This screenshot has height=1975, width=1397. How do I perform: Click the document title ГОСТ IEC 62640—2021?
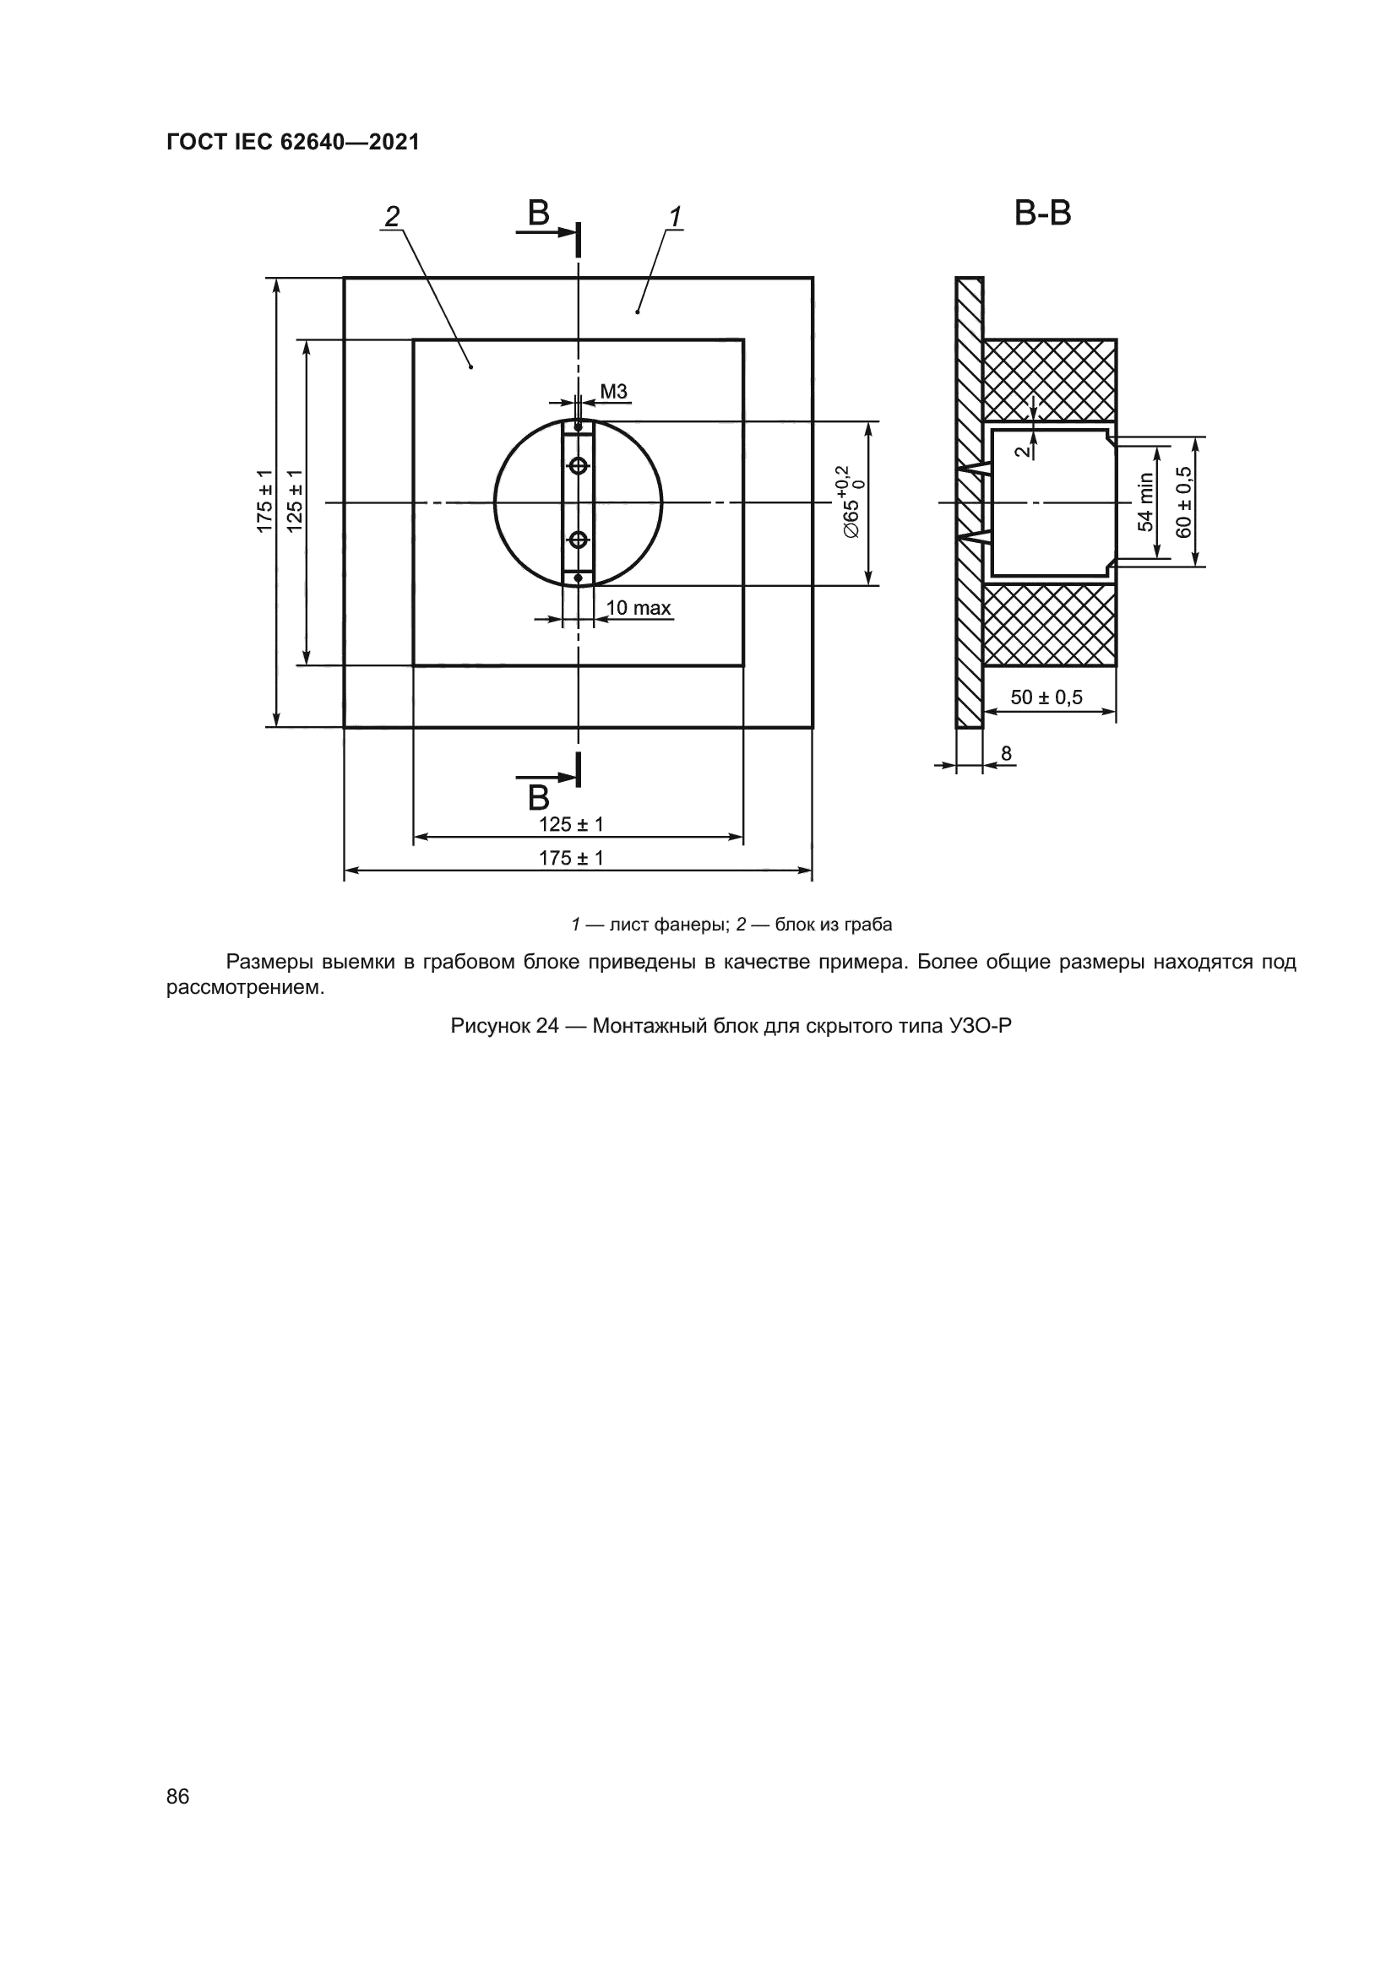292,142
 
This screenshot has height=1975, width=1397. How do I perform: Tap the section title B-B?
1042,214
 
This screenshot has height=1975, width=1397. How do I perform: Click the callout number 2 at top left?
392,217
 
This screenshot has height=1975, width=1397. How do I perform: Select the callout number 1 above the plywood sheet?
677,217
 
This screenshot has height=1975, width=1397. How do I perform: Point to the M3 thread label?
613,393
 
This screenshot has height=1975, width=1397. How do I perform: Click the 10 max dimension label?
639,608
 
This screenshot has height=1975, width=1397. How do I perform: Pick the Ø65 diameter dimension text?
851,503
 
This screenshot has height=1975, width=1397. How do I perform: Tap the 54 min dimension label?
1145,502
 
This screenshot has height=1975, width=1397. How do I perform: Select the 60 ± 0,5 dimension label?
1184,502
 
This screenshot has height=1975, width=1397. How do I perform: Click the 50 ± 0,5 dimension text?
1046,697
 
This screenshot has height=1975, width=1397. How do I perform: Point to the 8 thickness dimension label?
1007,754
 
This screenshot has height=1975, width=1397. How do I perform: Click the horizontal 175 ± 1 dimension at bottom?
571,858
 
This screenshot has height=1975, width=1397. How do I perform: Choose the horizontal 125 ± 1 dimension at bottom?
571,824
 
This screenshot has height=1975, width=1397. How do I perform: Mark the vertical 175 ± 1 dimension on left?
265,502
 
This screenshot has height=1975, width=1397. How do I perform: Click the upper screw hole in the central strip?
578,465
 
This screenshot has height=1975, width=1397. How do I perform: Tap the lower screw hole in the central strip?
578,540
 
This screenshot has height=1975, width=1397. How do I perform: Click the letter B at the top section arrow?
539,214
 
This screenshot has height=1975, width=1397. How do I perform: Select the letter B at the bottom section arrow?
539,798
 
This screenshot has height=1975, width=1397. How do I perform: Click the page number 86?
178,1796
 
